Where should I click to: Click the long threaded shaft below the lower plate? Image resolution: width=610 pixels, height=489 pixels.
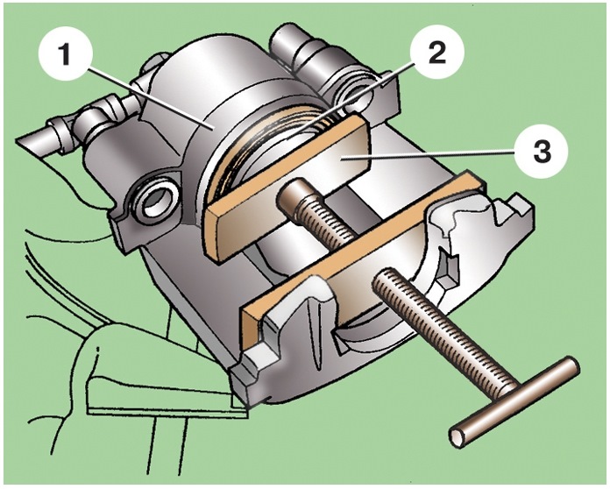pos(438,334)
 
